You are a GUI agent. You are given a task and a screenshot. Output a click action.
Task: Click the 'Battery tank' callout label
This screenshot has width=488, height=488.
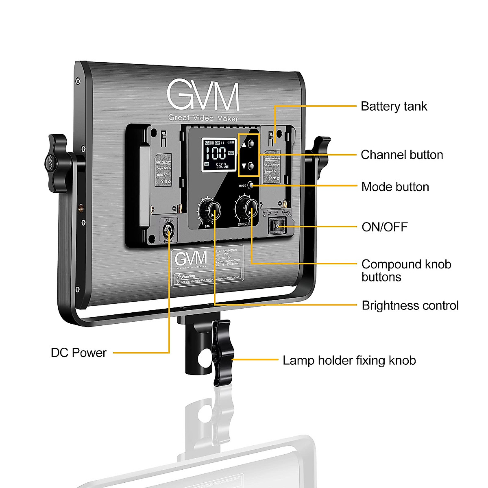coord(394,107)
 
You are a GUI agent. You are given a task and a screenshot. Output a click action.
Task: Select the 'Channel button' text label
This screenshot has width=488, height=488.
coord(402,155)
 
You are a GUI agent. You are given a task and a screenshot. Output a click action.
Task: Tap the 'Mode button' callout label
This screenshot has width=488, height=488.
coord(395,187)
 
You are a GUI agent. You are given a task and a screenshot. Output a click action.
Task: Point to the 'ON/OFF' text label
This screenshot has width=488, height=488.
coord(384,227)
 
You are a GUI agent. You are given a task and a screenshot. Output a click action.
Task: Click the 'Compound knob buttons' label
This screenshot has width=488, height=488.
coord(406,270)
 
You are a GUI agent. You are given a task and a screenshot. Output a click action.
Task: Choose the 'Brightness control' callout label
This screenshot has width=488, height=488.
coord(410,306)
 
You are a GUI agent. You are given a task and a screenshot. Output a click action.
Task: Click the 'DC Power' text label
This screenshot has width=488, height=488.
coord(78,353)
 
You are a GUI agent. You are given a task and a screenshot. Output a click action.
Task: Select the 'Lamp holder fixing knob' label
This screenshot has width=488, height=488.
coord(349,360)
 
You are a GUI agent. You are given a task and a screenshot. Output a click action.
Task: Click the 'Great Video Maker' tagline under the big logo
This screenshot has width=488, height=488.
coord(203,118)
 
